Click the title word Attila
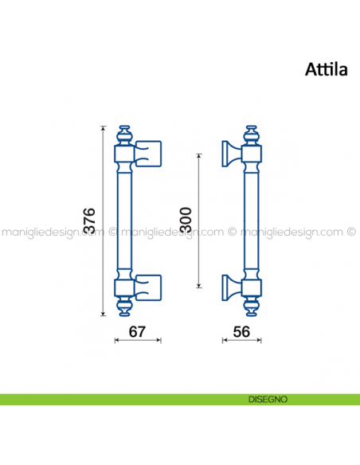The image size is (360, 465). coord(326,70)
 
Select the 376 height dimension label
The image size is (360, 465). coord(90,221)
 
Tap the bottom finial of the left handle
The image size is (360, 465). coord(124,307)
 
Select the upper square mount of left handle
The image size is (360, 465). coord(149,152)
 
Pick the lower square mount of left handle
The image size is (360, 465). coord(149,286)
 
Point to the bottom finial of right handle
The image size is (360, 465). coord(251,307)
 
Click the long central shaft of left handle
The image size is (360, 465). coord(124,220)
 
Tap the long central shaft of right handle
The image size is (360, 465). coord(251,220)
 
